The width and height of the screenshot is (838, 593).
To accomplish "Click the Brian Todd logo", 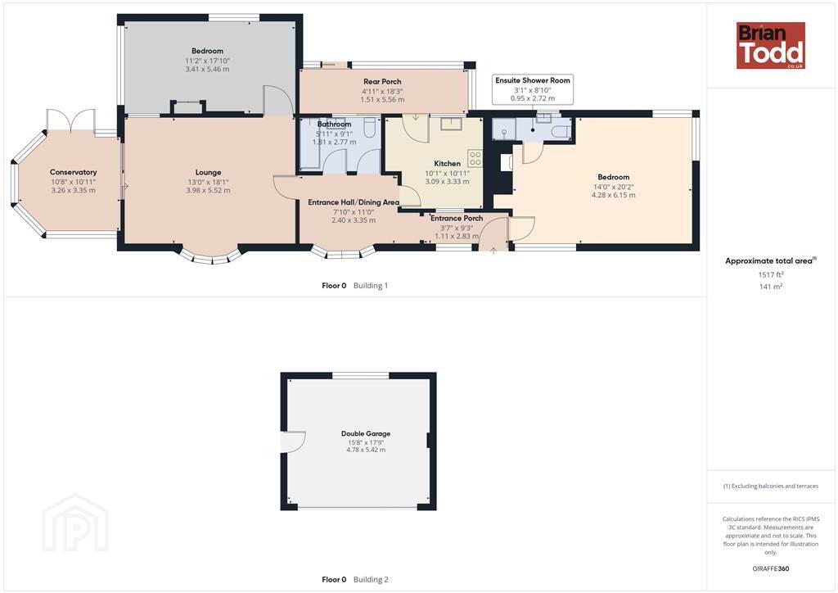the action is [x=771, y=45].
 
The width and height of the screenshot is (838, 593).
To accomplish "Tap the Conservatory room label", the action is [x=73, y=172].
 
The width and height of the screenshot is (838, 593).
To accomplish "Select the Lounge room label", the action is [x=208, y=173].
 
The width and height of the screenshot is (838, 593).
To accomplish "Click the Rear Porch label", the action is [x=382, y=82].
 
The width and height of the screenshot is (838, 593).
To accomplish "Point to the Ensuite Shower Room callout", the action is [x=533, y=88].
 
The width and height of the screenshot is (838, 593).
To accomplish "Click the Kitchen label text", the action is [x=448, y=164].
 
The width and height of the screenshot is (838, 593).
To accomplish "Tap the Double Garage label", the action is [x=366, y=433].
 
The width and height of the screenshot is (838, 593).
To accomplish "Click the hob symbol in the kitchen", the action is [x=475, y=158].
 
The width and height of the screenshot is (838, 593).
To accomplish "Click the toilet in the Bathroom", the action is [x=370, y=127].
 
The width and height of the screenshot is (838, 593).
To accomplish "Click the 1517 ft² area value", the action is [x=771, y=274].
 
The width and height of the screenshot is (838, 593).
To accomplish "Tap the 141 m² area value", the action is [x=771, y=287].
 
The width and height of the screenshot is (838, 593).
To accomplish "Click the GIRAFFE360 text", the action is [x=771, y=568].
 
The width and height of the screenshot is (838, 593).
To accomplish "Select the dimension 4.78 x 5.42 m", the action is [x=366, y=450].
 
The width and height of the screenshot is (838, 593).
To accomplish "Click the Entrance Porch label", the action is [x=457, y=218].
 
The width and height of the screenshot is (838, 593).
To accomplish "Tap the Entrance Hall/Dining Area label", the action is [x=354, y=202].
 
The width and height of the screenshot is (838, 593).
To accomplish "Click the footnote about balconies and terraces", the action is [x=771, y=486].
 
